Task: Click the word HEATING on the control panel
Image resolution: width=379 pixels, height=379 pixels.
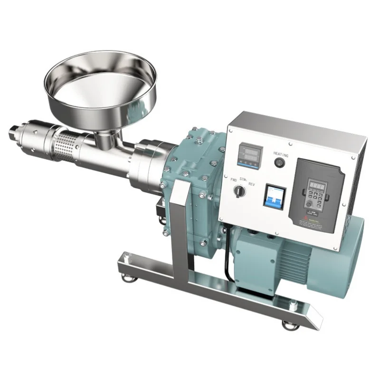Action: (281, 153)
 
